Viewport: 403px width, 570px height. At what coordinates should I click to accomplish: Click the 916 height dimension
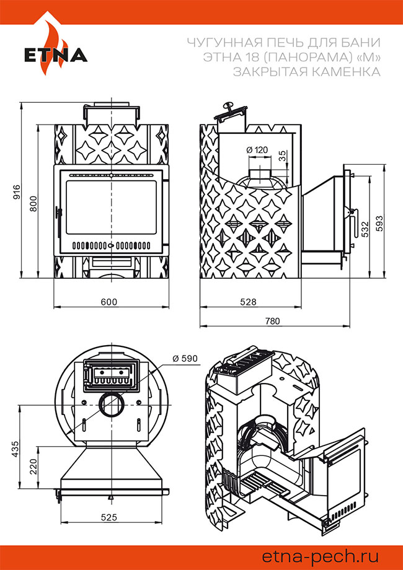(x=17, y=190)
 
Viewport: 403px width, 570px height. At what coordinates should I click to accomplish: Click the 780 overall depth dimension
(x=272, y=321)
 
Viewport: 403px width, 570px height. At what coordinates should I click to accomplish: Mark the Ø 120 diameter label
(x=257, y=150)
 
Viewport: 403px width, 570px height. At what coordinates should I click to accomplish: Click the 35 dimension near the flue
(x=283, y=156)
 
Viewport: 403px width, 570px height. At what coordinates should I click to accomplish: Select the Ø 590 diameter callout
(x=185, y=358)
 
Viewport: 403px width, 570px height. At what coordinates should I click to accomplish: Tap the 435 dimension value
(x=17, y=449)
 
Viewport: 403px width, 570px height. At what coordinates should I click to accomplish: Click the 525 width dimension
(x=110, y=516)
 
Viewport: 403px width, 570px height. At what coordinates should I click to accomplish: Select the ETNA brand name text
(x=56, y=56)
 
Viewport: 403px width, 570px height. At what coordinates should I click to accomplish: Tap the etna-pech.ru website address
(x=320, y=555)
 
